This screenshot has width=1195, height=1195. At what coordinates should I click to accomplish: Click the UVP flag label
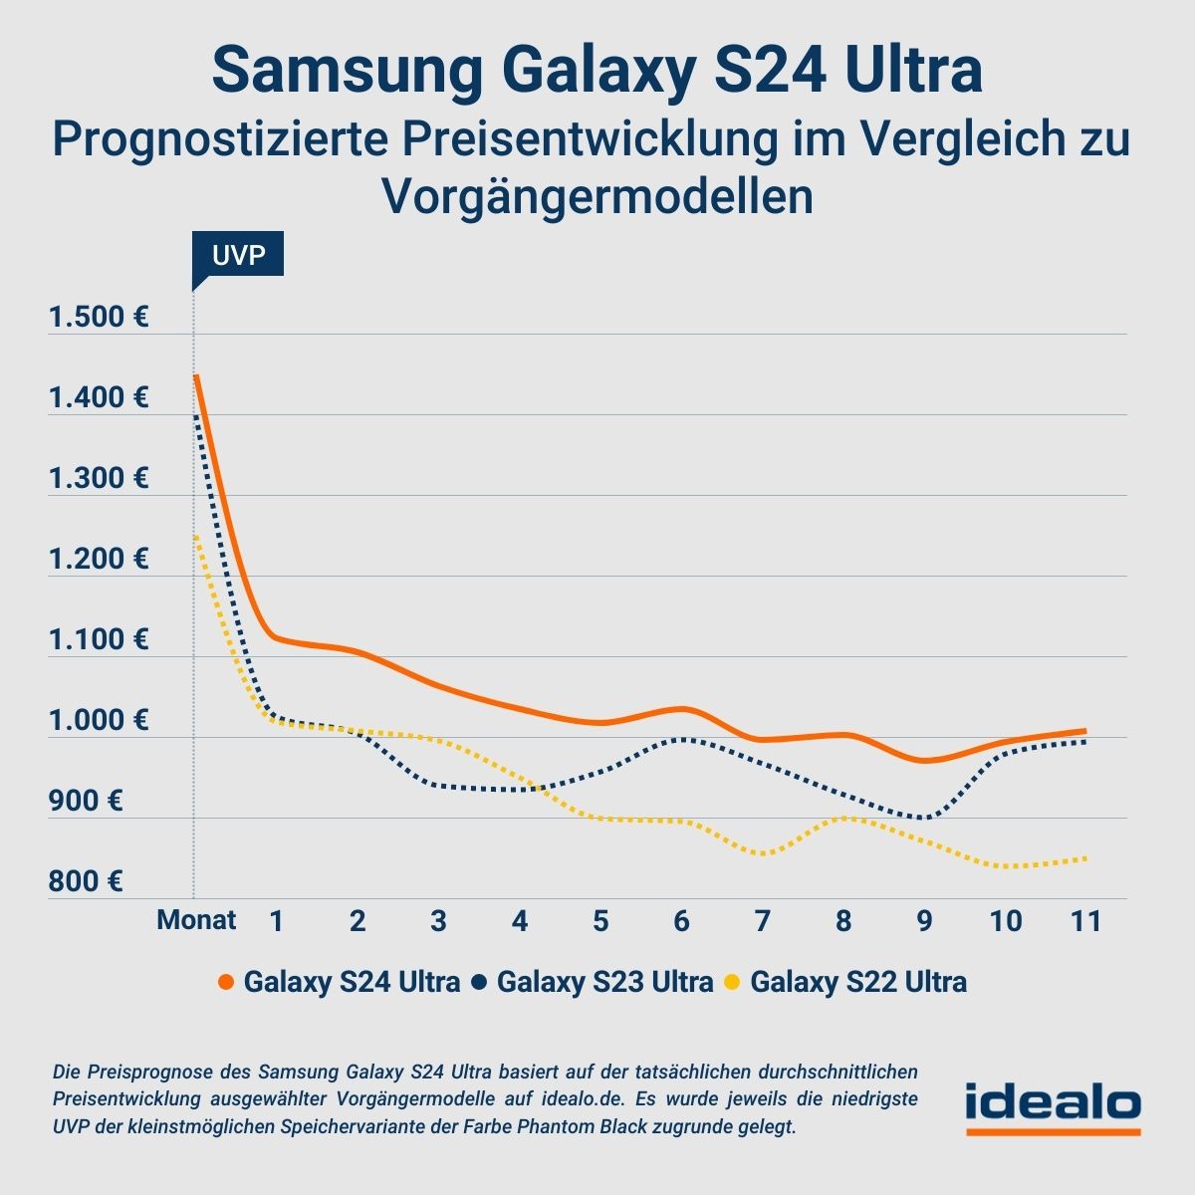point(238,255)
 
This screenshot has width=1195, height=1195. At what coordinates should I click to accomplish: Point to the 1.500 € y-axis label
point(99,318)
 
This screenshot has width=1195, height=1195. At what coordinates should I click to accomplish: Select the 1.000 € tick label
point(99,720)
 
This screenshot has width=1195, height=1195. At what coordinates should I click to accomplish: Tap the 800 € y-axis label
point(86,881)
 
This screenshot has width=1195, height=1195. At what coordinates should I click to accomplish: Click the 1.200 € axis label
point(99,559)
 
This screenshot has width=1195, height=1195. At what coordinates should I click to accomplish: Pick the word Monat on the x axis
point(196,920)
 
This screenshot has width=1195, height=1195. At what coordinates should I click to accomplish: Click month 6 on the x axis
point(681,921)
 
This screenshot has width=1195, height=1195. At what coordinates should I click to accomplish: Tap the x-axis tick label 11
point(1085,921)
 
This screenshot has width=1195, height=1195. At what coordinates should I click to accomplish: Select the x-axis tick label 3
point(438,921)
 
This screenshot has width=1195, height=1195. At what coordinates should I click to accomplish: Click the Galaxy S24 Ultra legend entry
point(339,982)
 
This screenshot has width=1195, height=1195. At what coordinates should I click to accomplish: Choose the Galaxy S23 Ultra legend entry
point(594,982)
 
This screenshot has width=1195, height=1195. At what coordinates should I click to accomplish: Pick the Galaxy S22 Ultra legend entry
point(845,982)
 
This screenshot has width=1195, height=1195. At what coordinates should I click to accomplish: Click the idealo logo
point(1053,1106)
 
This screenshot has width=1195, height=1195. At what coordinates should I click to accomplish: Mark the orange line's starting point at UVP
point(196,376)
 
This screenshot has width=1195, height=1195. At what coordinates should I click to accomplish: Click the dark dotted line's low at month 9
point(926,818)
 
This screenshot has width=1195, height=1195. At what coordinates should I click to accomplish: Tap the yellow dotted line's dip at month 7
point(763,853)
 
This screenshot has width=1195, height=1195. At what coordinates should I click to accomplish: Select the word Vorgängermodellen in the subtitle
point(597,196)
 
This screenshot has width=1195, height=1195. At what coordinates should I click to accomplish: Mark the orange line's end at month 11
point(1084,731)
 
